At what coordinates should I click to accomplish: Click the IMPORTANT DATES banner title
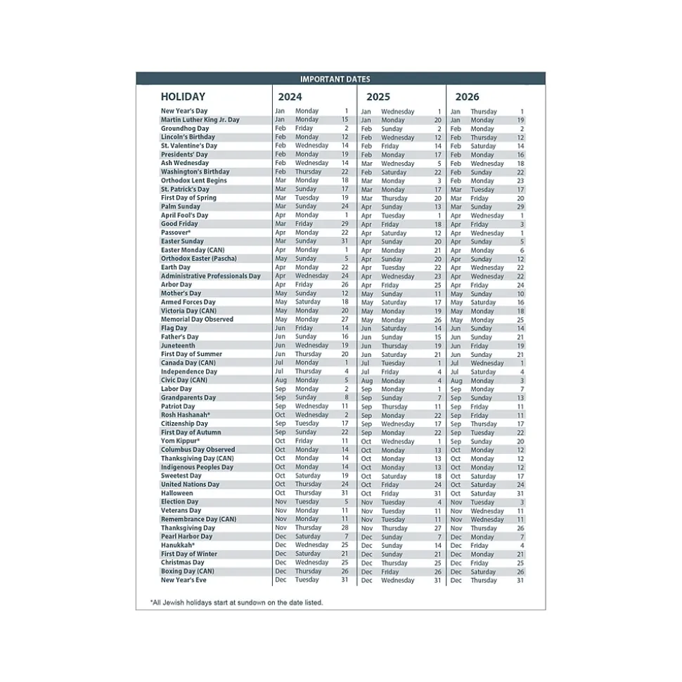click(335, 79)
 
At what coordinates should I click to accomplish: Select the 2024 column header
click(290, 97)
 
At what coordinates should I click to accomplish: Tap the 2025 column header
click(378, 97)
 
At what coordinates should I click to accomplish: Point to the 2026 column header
click(467, 97)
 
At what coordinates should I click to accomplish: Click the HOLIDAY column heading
click(183, 97)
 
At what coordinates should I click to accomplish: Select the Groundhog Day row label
click(185, 129)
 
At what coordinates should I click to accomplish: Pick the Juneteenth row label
click(178, 346)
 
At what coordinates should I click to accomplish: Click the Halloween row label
click(176, 493)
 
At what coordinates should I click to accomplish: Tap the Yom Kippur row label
click(180, 441)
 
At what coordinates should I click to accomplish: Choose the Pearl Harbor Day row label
click(186, 537)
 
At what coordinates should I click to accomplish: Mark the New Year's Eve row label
click(184, 580)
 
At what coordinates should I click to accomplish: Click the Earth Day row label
click(175, 268)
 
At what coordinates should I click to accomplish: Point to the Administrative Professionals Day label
click(210, 276)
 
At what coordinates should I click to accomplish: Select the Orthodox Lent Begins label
click(193, 181)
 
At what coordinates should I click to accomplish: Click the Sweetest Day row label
click(181, 476)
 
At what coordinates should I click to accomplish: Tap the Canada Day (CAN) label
click(188, 363)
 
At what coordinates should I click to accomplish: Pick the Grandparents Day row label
click(188, 398)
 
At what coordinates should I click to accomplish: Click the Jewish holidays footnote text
click(236, 603)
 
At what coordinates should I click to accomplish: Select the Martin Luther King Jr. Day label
click(200, 120)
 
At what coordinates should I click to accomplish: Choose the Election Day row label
click(179, 501)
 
